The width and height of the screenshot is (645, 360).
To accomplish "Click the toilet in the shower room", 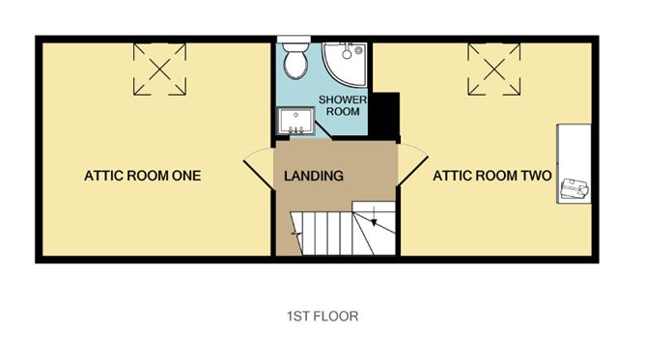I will (x=294, y=60).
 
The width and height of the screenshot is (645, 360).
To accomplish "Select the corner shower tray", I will (x=343, y=62).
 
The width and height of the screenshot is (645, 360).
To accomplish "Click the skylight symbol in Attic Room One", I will (x=158, y=69).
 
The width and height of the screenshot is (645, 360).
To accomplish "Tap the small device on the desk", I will (x=574, y=188).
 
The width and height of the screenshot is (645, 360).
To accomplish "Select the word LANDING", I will (x=314, y=177).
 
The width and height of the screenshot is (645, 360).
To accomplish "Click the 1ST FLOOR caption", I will (x=322, y=316).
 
